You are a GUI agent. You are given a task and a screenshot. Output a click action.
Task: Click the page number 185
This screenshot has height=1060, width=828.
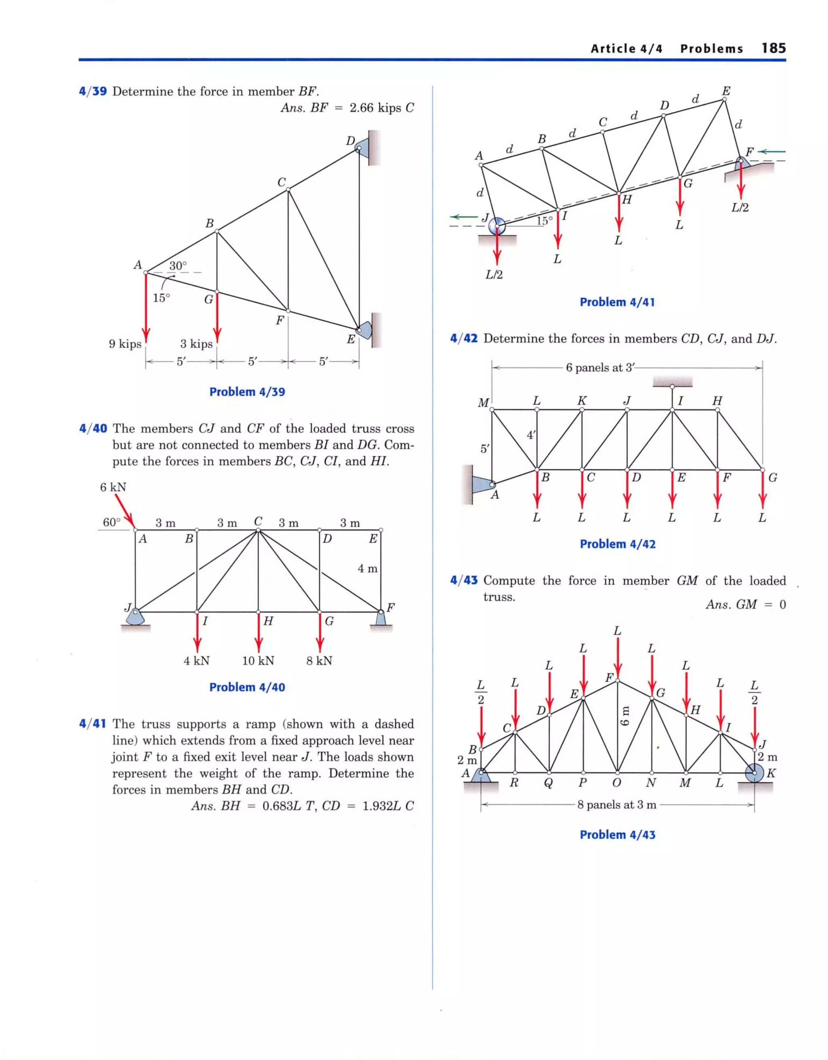773,48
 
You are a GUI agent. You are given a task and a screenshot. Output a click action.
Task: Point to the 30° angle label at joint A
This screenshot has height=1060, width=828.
178,266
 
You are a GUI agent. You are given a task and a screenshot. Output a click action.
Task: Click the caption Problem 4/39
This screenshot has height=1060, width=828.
247,392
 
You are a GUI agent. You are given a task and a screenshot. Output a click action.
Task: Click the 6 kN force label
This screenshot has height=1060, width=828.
113,487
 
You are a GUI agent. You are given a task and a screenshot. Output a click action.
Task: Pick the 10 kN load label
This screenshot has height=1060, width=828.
258,661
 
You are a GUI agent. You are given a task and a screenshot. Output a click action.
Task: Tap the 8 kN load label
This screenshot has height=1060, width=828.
319,661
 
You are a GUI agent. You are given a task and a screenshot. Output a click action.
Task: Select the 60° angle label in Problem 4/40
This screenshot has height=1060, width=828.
111,522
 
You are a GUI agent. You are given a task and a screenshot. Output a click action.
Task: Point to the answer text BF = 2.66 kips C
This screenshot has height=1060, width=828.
347,108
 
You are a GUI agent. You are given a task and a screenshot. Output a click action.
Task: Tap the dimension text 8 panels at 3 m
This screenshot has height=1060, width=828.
616,805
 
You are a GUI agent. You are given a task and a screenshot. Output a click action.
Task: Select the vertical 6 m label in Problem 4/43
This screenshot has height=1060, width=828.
625,715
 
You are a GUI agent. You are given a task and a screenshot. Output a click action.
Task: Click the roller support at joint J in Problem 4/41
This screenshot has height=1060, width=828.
497,226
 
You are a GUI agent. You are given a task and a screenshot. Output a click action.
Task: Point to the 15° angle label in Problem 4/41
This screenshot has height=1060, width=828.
545,220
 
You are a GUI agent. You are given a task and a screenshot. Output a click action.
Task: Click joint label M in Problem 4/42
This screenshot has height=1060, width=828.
483,403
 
